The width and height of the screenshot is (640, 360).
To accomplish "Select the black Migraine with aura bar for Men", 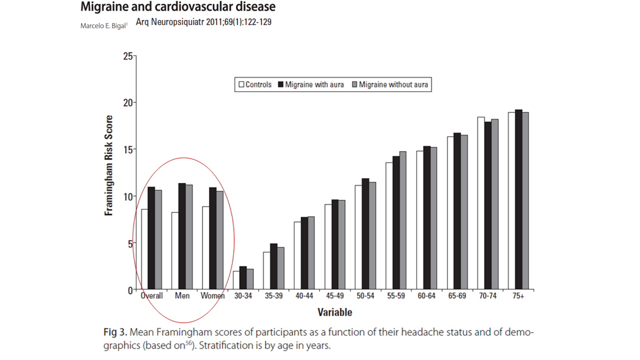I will pyautogui.click(x=182, y=236).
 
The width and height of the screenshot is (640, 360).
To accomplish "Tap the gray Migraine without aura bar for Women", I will pyautogui.click(x=220, y=240).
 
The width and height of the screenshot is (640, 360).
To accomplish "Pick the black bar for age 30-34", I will pyautogui.click(x=243, y=278).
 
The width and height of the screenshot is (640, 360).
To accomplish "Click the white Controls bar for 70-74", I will pyautogui.click(x=481, y=203).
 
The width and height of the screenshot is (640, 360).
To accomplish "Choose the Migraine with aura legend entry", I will pyautogui.click(x=311, y=84).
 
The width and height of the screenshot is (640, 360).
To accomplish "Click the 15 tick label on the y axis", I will pyautogui.click(x=128, y=149).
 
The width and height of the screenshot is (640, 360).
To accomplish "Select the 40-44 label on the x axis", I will pyautogui.click(x=304, y=296).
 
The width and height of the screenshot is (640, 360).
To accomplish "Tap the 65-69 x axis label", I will pyautogui.click(x=457, y=296).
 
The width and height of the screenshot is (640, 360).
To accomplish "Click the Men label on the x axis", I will pyautogui.click(x=182, y=296).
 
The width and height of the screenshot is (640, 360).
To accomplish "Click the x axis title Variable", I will pyautogui.click(x=334, y=312).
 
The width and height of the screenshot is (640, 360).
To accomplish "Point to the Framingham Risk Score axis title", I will pyautogui.click(x=109, y=165).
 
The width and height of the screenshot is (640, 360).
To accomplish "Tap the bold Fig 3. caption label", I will pyautogui.click(x=115, y=332).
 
